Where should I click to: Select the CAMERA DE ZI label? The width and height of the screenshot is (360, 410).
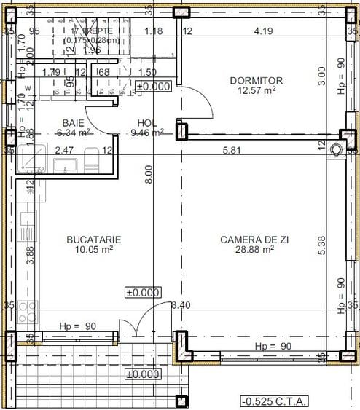click(x=246, y=239)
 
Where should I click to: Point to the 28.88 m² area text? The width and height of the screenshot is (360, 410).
click(x=246, y=249)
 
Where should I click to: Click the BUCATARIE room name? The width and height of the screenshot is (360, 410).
click(x=93, y=239)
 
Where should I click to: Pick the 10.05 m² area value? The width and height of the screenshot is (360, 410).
click(x=93, y=249)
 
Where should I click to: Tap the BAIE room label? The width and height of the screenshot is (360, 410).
click(x=73, y=123)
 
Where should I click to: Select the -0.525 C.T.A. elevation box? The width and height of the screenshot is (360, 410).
click(x=274, y=401)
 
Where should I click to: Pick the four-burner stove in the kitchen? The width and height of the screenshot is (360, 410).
click(x=27, y=312)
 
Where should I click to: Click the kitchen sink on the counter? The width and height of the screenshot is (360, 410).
click(x=27, y=224)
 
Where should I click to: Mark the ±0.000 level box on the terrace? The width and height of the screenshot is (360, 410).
click(x=142, y=374)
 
